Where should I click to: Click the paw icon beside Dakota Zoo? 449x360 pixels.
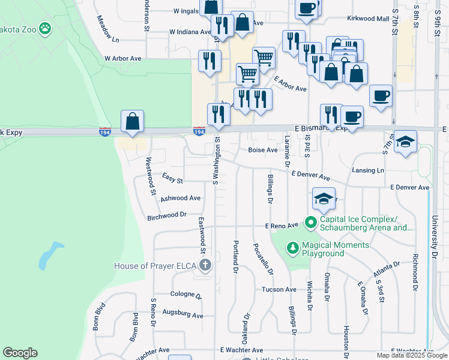point(44,28)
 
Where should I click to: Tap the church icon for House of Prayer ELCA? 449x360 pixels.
point(205,266)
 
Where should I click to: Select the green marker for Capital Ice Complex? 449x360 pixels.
point(310,223)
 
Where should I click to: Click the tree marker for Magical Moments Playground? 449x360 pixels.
point(292,247)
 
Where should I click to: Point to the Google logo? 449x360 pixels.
point(20,353)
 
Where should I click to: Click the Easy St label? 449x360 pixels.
point(172,177)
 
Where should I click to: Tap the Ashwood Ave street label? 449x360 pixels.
point(180,197)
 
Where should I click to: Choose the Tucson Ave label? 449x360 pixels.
point(279,289)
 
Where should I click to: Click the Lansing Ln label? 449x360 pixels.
point(368,170)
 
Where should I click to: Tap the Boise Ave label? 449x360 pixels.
point(264,150)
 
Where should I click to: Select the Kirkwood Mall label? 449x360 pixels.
point(368,19)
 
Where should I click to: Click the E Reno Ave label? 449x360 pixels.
point(282,226)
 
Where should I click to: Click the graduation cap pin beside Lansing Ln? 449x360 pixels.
point(406,143)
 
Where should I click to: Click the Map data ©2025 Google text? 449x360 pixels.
point(412,355)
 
